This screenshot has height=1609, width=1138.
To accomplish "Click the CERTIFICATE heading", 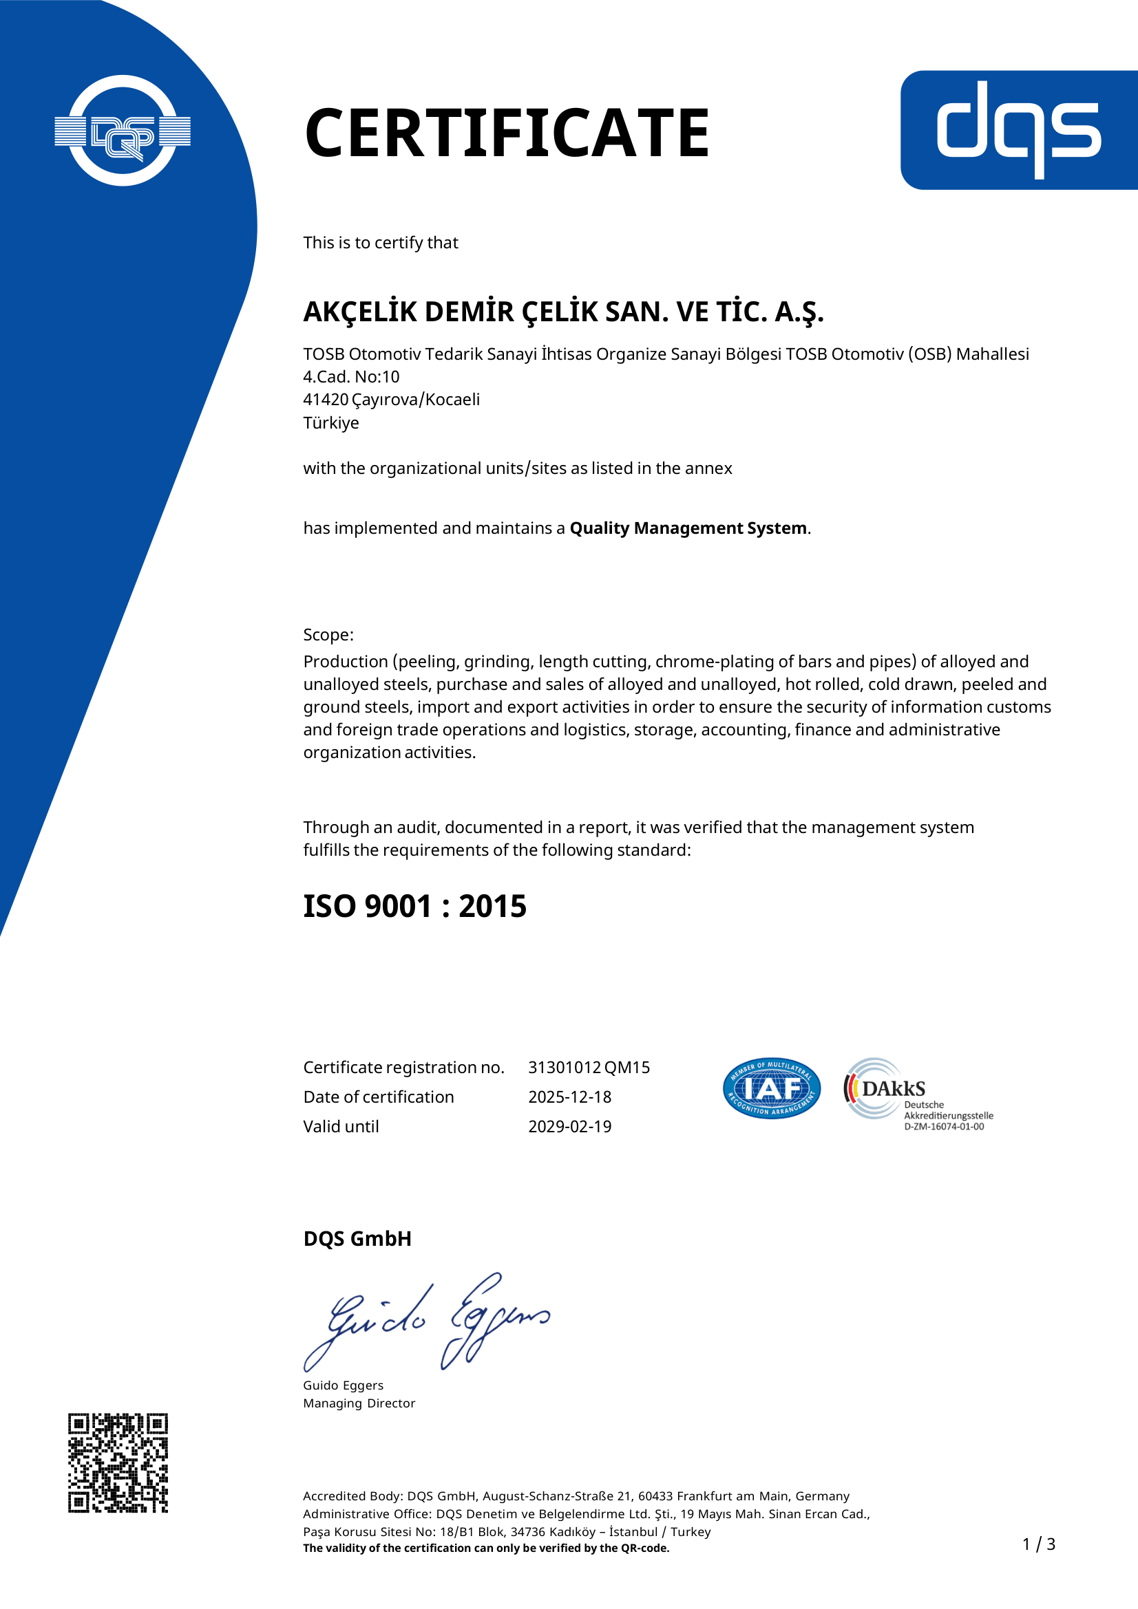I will [507, 133].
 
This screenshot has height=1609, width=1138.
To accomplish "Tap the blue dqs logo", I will [1018, 129].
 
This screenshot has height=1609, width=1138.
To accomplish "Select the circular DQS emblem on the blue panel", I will [123, 131].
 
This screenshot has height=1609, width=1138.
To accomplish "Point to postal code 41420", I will [326, 400].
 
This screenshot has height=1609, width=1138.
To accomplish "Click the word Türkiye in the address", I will [331, 423].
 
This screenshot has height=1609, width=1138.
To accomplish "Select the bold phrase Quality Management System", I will [688, 528].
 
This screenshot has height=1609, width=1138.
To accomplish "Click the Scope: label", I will [328, 635].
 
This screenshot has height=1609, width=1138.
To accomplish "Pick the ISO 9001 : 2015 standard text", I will [414, 906].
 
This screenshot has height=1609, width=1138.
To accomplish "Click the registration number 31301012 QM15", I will [589, 1068].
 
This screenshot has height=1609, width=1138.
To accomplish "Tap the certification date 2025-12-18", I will [569, 1097].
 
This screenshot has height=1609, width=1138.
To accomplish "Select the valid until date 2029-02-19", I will [569, 1126].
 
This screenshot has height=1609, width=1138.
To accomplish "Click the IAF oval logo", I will [771, 1088].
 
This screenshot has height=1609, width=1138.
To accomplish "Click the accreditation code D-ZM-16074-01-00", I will [944, 1127].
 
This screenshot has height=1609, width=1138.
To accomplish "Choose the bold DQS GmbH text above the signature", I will [357, 1238].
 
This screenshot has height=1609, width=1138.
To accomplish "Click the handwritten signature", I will [426, 1323].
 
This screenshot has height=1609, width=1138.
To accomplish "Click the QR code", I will [118, 1462].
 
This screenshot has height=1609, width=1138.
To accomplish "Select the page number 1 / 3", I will [1038, 1544].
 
